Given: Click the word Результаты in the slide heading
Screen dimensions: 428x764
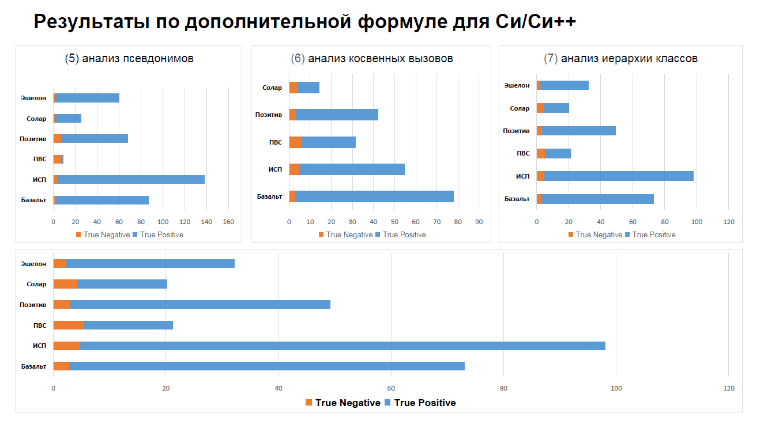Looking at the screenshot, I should coord(92,22).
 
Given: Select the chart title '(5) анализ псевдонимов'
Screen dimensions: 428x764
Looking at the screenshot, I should coord(129,59).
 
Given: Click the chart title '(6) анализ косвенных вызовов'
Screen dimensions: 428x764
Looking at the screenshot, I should coord(372,59).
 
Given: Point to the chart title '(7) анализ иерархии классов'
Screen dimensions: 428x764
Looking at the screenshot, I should coord(620,59).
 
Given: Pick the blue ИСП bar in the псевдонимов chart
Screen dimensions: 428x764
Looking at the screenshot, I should coord(131,179).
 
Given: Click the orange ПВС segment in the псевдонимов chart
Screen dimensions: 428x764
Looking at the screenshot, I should coord(57,159).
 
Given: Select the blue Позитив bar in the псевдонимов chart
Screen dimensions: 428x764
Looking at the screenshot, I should coord(94,138).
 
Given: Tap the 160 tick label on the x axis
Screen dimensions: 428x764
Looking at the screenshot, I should coord(228,221).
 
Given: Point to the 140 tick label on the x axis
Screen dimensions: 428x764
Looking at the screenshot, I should coord(206,221).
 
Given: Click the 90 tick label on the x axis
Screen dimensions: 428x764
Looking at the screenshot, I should coord(479,221).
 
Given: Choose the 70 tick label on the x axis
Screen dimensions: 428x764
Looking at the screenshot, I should coord(436,221).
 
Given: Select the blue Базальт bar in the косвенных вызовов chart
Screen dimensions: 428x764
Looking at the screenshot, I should coord(374,196).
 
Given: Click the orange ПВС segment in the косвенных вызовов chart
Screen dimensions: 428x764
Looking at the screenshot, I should coord(295,142).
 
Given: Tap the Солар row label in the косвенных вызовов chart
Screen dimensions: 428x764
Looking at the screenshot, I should coord(272,88).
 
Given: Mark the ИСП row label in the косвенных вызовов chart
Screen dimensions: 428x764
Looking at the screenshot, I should coord(275,169).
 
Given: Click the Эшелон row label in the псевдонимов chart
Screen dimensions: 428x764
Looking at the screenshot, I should coord(33,98).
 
